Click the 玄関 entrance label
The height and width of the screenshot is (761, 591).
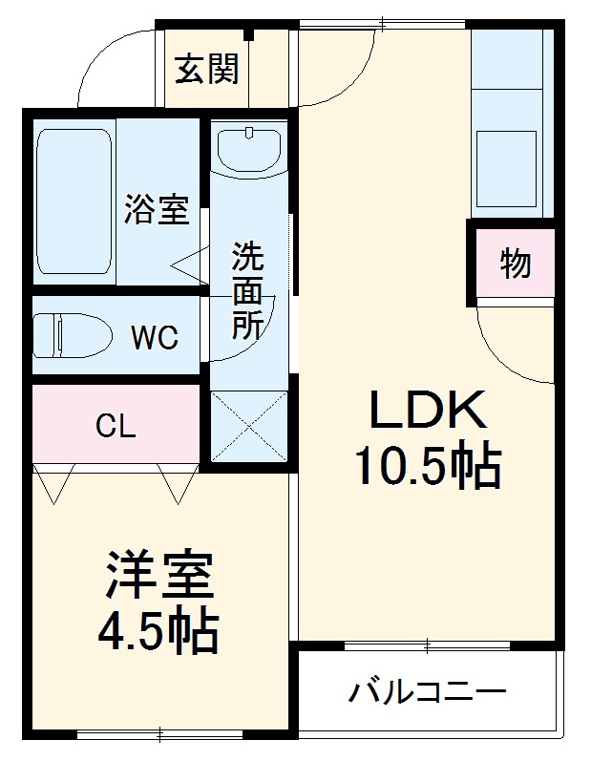tap(207, 70)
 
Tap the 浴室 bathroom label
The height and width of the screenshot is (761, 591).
tap(156, 209)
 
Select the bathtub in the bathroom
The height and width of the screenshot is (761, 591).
tap(73, 201)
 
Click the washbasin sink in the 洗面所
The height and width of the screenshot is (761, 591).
tap(247, 149)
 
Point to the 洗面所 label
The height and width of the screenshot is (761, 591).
tap(249, 291)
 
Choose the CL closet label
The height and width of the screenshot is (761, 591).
tap(116, 426)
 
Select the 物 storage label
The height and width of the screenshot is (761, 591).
tap(516, 264)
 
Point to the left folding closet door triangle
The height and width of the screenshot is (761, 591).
tap(53, 482)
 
